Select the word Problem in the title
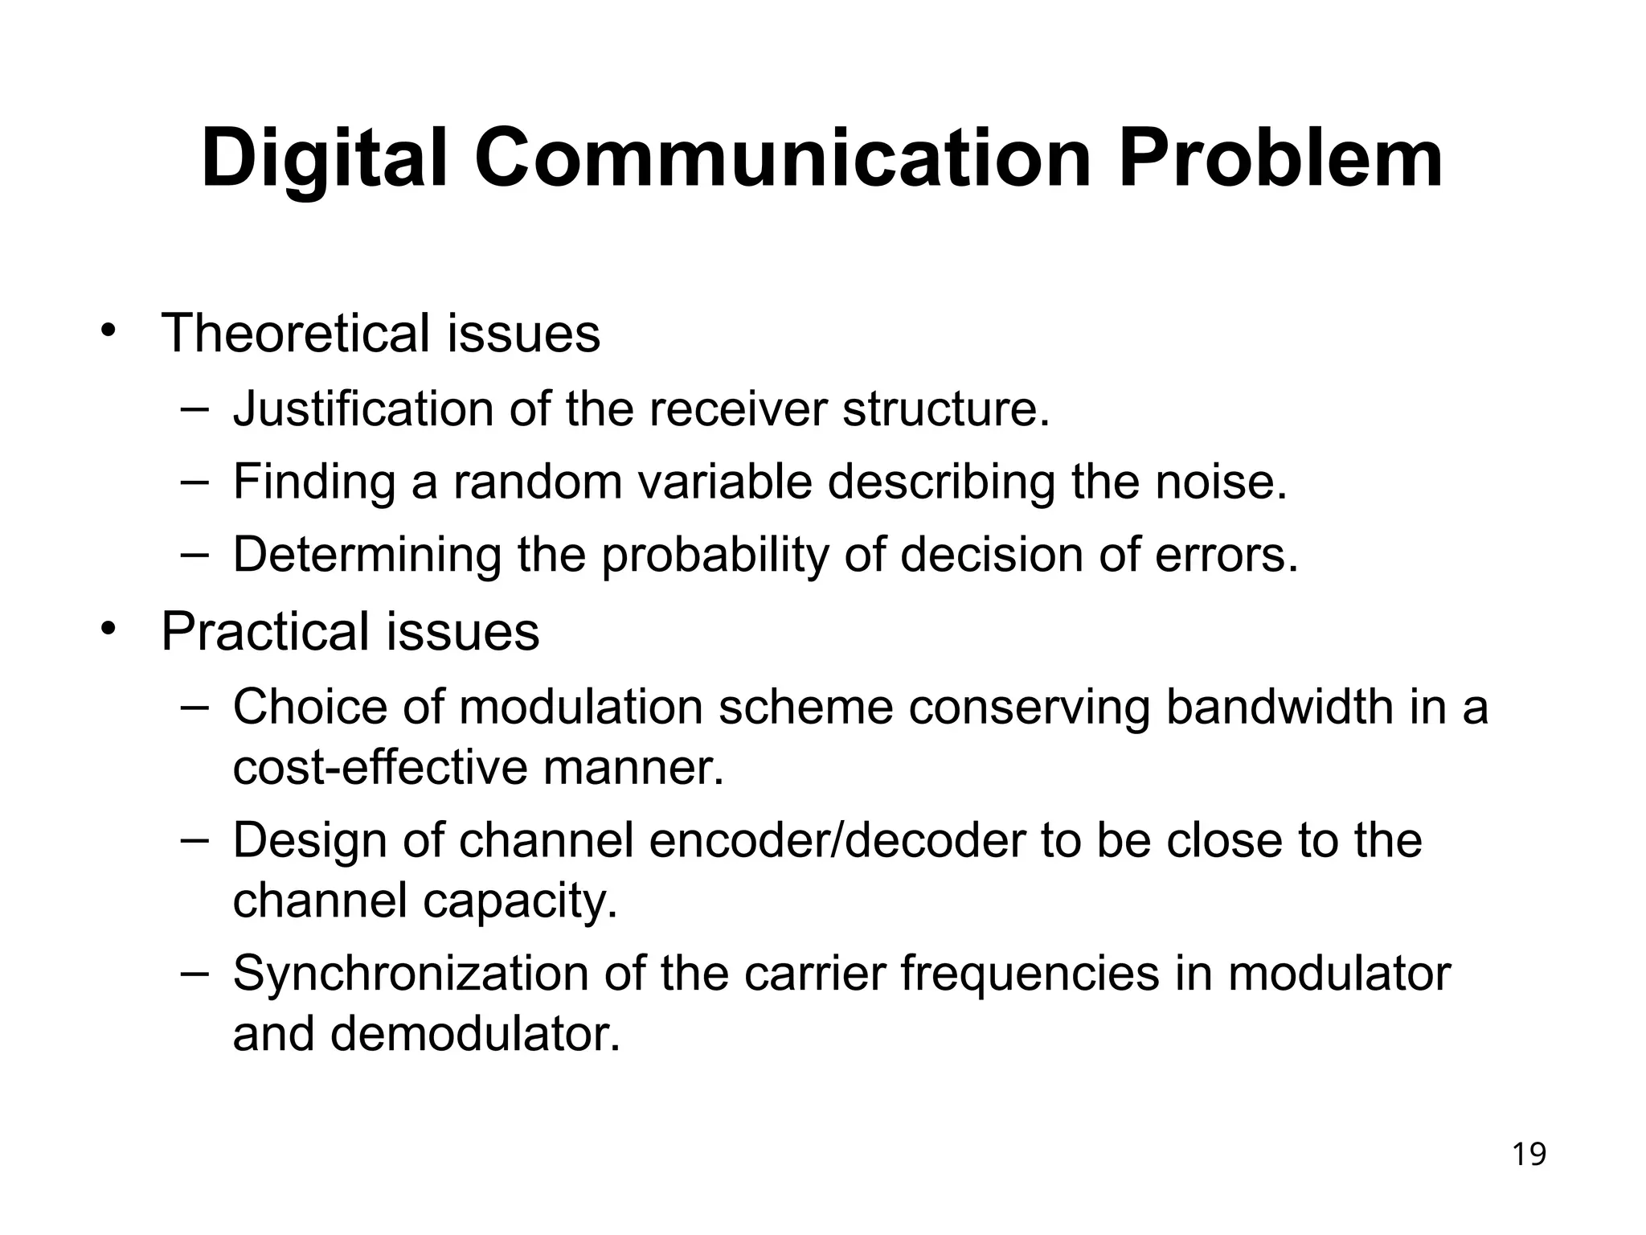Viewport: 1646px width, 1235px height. coord(1280,158)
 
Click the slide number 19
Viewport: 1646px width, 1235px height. coord(1529,1155)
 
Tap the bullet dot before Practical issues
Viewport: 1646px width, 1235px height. coord(109,630)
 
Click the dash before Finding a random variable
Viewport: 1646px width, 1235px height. coord(194,480)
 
